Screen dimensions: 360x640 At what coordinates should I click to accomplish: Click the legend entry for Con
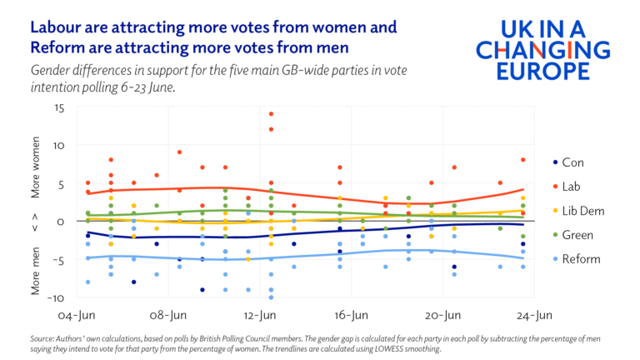click(x=572, y=162)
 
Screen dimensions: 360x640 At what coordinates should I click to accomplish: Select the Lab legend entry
click(x=572, y=187)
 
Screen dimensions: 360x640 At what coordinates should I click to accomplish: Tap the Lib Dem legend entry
click(x=582, y=211)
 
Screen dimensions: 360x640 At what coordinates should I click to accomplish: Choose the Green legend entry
click(x=577, y=235)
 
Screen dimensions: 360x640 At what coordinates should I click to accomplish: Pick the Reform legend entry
click(x=582, y=259)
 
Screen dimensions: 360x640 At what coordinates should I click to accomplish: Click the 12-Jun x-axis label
click(x=260, y=316)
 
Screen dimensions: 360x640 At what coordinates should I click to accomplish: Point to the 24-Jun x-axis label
click(x=534, y=316)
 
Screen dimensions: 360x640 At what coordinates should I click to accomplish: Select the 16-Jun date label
click(x=351, y=316)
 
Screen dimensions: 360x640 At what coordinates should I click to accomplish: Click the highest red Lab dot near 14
click(x=271, y=114)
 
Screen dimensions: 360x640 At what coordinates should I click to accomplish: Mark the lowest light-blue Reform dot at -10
click(x=271, y=297)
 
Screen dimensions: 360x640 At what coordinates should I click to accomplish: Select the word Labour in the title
click(x=57, y=27)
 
